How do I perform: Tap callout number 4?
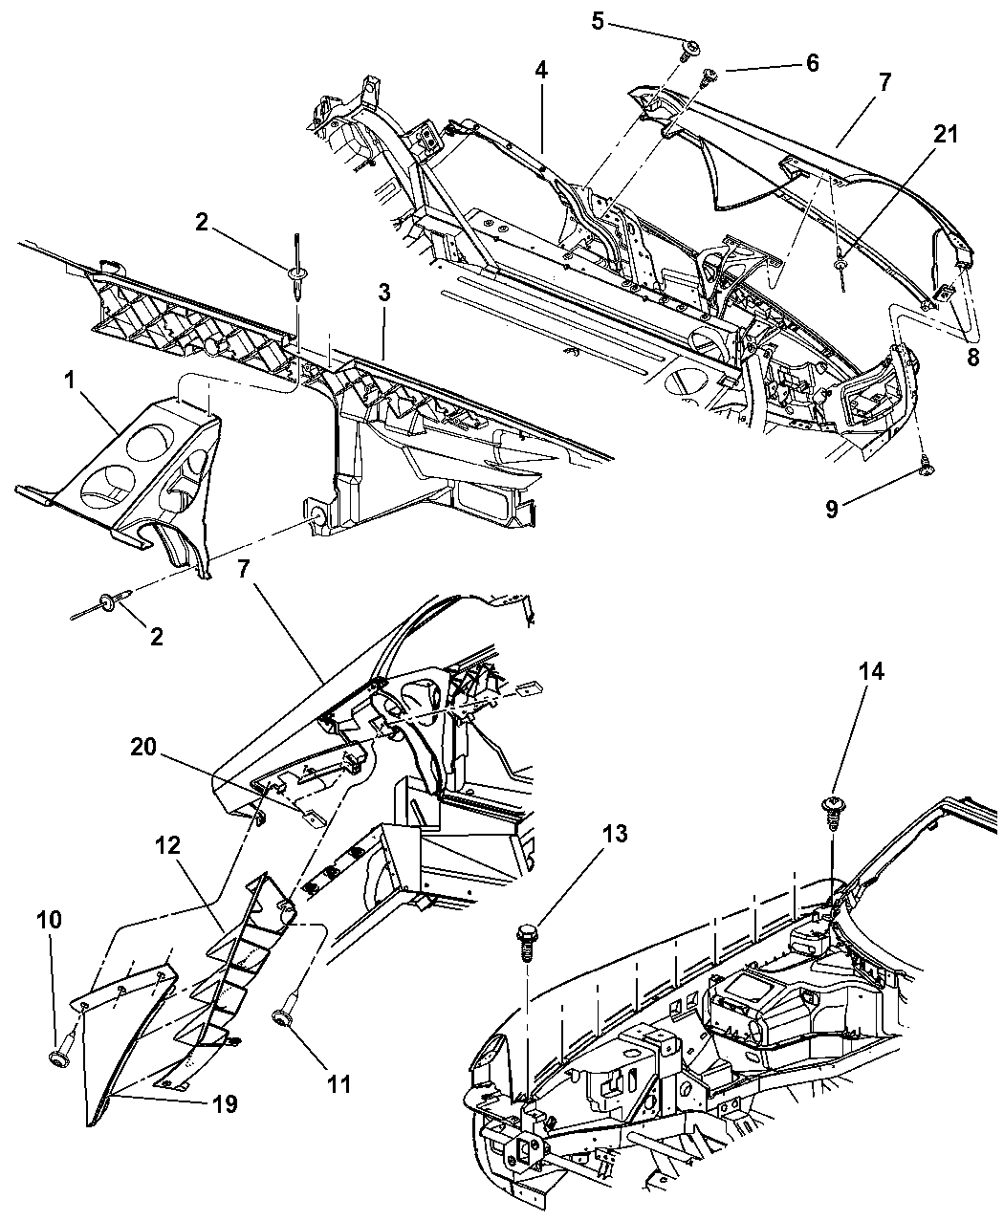pos(541,70)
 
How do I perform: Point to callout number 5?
pos(598,19)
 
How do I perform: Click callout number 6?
pos(812,63)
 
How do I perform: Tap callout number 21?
pos(945,135)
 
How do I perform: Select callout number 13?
pos(615,835)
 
